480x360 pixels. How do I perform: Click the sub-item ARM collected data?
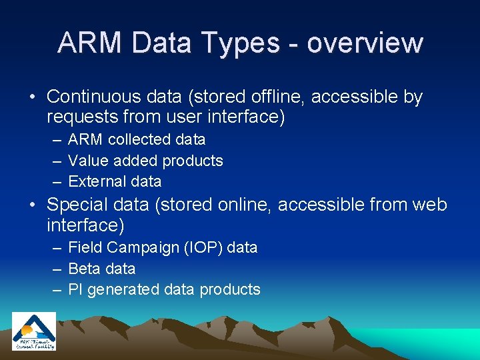click(137, 140)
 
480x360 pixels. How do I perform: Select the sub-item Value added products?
click(145, 161)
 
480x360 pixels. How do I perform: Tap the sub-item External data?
click(115, 181)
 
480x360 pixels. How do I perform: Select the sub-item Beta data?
click(102, 269)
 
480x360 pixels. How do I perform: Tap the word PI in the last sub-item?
click(75, 289)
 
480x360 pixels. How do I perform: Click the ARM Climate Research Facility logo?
click(34, 331)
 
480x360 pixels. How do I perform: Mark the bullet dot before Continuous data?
click(33, 98)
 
